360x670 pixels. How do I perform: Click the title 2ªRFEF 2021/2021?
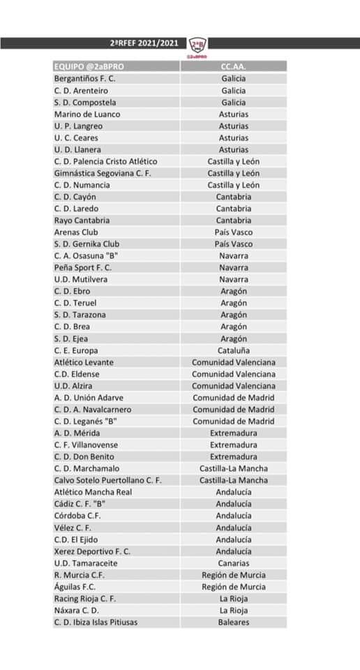click(144, 43)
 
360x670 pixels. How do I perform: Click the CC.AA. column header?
click(233, 66)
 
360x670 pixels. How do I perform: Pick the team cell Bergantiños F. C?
click(84, 78)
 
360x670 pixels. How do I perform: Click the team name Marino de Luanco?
click(87, 114)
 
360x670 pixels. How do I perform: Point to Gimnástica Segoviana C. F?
click(103, 173)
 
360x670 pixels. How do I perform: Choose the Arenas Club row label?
click(76, 232)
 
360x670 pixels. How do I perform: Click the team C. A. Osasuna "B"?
click(84, 255)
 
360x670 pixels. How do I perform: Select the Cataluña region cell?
click(233, 350)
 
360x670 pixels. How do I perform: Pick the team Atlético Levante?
click(84, 362)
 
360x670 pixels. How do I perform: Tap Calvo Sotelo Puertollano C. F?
click(107, 480)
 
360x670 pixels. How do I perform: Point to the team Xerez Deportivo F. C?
click(92, 551)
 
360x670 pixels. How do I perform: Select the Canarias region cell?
click(233, 563)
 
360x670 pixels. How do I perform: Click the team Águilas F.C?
click(75, 587)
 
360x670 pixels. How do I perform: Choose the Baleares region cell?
click(233, 622)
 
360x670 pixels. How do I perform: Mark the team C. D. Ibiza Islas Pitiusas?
click(96, 622)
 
